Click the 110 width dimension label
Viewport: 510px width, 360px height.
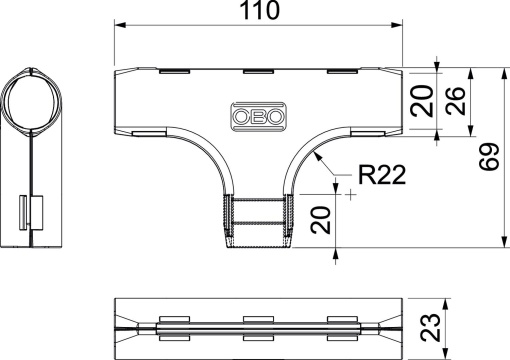coord(259,12)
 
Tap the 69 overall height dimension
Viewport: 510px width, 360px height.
coord(488,157)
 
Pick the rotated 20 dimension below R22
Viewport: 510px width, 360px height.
coord(321,219)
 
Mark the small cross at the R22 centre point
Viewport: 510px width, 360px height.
coord(351,195)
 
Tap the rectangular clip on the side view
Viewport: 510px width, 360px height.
coord(31,209)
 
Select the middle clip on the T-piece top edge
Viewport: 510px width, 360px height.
coord(257,73)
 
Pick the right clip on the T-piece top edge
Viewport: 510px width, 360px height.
coord(341,73)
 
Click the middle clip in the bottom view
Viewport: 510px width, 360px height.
coord(257,327)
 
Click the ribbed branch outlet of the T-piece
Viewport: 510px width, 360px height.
coord(258,222)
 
